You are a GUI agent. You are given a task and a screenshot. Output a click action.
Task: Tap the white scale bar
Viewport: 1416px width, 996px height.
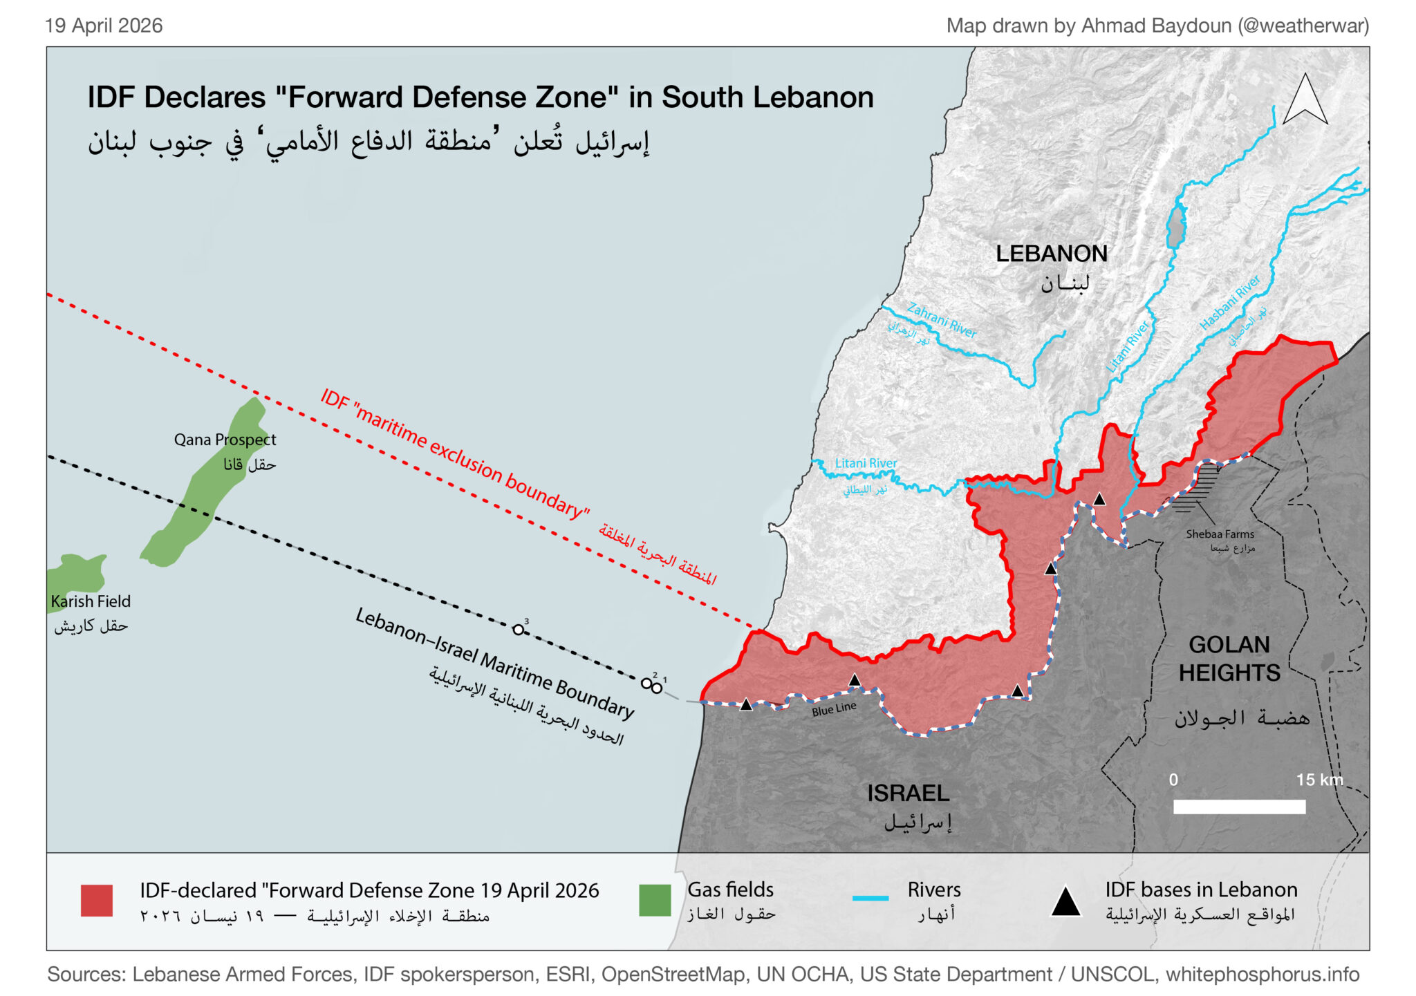pyautogui.click(x=1239, y=806)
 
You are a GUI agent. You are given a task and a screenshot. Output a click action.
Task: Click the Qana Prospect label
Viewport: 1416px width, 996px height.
pyautogui.click(x=225, y=440)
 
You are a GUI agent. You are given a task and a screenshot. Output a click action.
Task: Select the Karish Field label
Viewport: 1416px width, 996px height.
pyautogui.click(x=91, y=601)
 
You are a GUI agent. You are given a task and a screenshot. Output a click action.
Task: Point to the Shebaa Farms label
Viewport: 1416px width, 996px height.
pyautogui.click(x=1220, y=534)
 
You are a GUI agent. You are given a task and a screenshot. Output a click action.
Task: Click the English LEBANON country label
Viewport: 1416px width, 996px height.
pyautogui.click(x=1051, y=254)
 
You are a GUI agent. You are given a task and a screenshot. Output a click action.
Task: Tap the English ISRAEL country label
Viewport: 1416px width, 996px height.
pyautogui.click(x=908, y=793)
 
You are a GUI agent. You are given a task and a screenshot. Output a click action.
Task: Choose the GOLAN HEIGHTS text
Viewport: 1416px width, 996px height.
pyautogui.click(x=1229, y=659)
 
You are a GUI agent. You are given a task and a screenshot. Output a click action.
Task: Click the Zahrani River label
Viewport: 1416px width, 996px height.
pyautogui.click(x=942, y=321)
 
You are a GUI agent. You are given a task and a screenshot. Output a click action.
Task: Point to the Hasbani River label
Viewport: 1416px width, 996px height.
pyautogui.click(x=1229, y=303)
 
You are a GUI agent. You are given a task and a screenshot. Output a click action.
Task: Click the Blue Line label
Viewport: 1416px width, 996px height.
pyautogui.click(x=834, y=708)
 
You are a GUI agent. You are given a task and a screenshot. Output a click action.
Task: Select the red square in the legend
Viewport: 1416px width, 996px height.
pyautogui.click(x=97, y=900)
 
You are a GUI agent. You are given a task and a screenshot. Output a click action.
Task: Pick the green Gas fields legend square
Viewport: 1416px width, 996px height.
pyautogui.click(x=654, y=900)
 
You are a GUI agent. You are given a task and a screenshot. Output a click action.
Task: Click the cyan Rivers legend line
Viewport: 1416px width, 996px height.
pyautogui.click(x=870, y=898)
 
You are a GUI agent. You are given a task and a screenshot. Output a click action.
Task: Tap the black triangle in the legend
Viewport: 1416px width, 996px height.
pyautogui.click(x=1065, y=903)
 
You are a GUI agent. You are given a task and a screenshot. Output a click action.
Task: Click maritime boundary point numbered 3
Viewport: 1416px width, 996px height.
pyautogui.click(x=519, y=629)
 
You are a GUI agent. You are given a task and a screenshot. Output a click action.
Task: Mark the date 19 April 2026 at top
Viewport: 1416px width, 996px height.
pyautogui.click(x=104, y=26)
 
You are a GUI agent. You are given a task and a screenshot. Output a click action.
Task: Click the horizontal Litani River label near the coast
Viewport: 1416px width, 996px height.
pyautogui.click(x=866, y=463)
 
